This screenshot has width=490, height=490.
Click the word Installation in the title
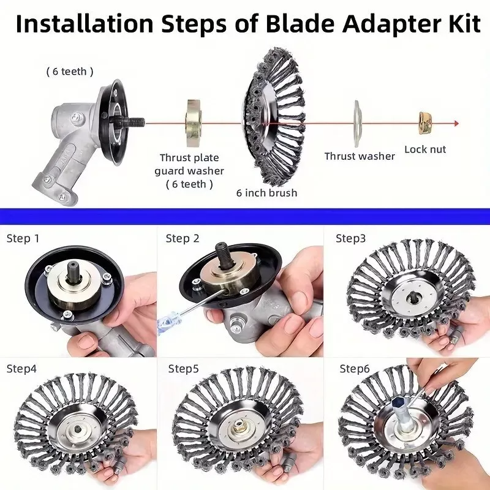click(x=85, y=24)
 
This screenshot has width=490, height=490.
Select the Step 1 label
click(x=23, y=238)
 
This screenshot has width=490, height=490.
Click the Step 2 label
click(x=183, y=238)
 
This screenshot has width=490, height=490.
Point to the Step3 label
click(x=350, y=238)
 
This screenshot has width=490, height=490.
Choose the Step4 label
click(x=21, y=369)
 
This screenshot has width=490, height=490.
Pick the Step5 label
click(x=183, y=369)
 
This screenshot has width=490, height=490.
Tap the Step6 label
click(x=355, y=369)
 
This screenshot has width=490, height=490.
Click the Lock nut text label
click(x=425, y=149)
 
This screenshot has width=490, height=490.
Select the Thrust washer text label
click(x=360, y=156)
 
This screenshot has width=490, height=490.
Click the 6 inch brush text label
click(x=266, y=193)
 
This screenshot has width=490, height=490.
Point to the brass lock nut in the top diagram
click(x=425, y=123)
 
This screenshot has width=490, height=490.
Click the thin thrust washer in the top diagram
click(x=357, y=124)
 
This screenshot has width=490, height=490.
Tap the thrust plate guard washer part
click(x=194, y=123)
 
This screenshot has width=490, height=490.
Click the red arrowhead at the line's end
click(x=456, y=124)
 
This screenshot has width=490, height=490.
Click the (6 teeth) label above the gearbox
click(x=70, y=72)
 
